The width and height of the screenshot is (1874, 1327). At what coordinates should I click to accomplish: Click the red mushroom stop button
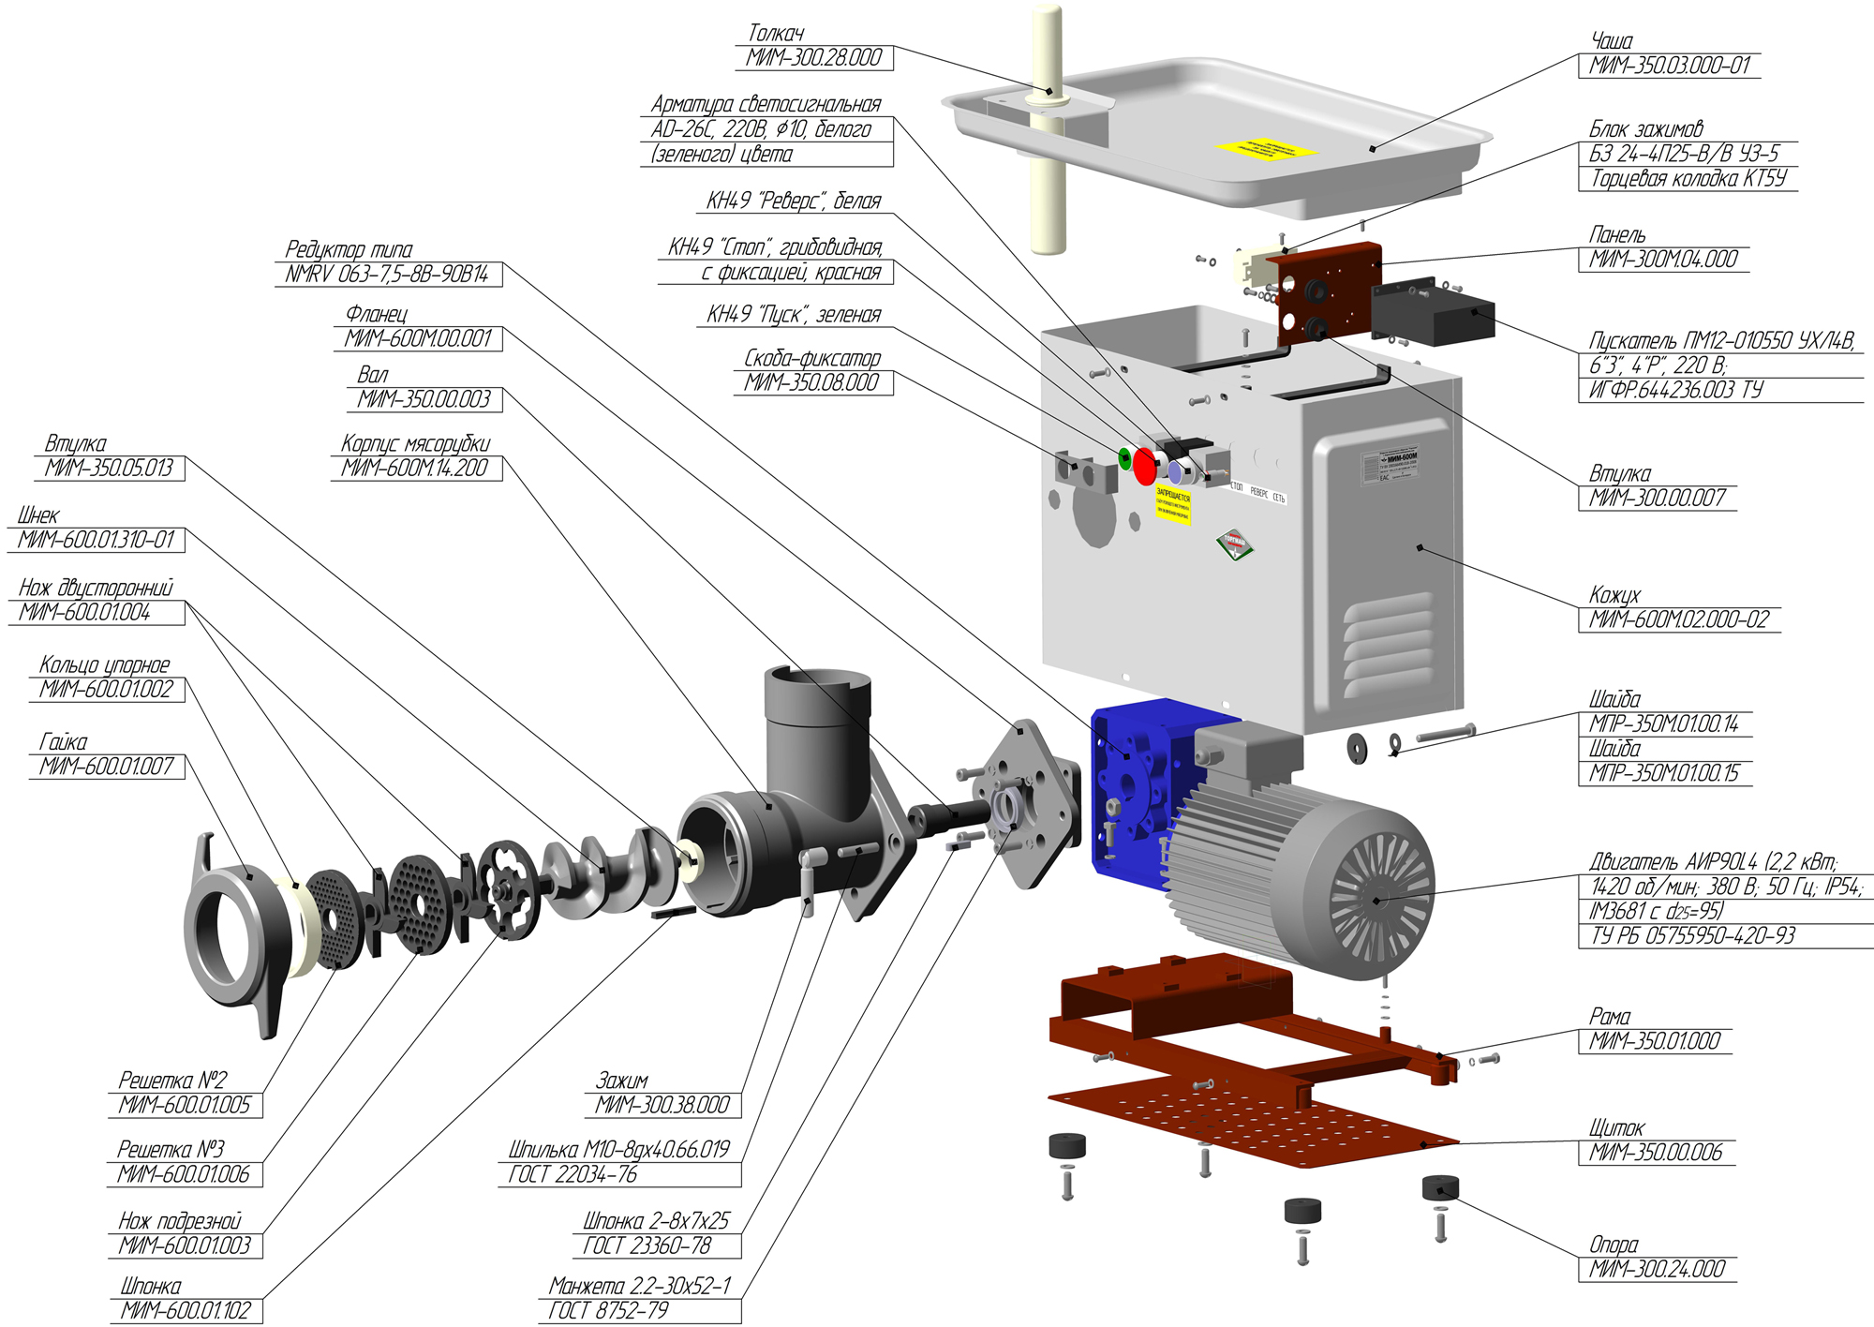pos(1144,466)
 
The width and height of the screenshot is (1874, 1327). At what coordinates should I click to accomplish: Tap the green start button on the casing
pos(1124,457)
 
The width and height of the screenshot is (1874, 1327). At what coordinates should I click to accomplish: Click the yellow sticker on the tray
pos(1266,149)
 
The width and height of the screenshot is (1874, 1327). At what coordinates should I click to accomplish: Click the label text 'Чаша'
pos(1612,41)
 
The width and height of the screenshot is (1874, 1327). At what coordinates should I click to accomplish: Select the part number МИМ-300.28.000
pos(813,58)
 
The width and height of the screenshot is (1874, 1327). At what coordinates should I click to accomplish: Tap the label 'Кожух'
pos(1614,595)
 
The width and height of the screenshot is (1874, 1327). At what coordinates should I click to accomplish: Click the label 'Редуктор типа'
pos(349,250)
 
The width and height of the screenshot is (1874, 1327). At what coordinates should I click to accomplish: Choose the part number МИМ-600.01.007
pos(107,767)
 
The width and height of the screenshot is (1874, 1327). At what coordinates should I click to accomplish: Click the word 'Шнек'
pos(38,515)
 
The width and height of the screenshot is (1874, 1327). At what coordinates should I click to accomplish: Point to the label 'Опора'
pos(1614,1245)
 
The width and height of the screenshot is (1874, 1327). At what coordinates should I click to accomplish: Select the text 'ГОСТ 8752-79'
pos(608,1310)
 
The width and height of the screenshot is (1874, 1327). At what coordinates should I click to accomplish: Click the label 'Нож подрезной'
pos(180,1221)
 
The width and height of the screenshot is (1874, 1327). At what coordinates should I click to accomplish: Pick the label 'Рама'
pos(1610,1017)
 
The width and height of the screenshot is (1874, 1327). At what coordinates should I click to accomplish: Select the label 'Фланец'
pos(377,314)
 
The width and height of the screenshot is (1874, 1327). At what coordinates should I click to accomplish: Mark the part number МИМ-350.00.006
pos(1656,1153)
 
